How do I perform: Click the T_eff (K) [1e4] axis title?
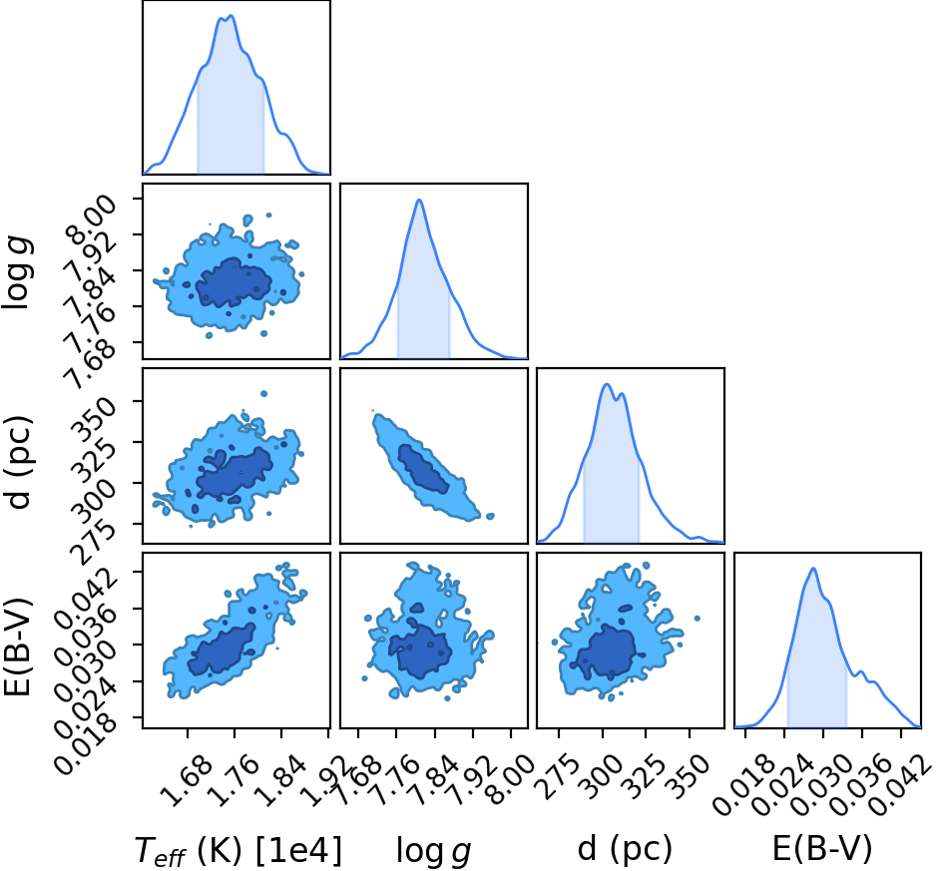click(x=238, y=850)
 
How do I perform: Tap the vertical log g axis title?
click(x=17, y=272)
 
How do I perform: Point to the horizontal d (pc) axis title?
click(x=625, y=849)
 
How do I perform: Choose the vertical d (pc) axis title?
click(x=18, y=459)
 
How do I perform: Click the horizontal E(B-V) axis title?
click(x=822, y=849)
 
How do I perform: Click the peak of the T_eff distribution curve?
click(x=231, y=16)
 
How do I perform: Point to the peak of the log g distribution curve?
click(x=419, y=200)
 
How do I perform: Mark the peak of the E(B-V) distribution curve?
click(x=813, y=568)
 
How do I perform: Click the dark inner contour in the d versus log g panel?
click(x=423, y=468)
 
